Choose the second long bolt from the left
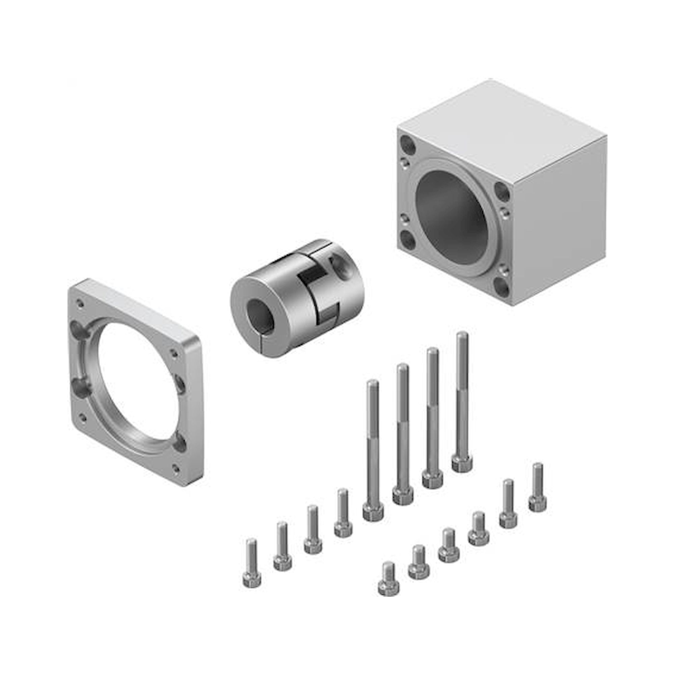403,437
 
